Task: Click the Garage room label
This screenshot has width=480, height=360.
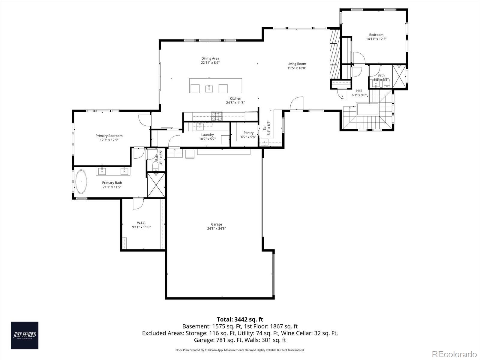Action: [x=216, y=224]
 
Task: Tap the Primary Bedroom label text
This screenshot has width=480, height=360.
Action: [x=109, y=136]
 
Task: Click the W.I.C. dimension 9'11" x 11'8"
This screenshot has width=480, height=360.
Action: [x=141, y=227]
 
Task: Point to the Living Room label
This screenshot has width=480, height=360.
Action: [x=297, y=64]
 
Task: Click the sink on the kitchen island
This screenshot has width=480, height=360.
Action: [x=209, y=88]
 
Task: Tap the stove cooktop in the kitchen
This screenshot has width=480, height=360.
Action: [x=217, y=116]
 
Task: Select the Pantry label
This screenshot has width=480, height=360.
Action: [x=248, y=133]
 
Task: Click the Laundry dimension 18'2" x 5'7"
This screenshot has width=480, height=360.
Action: [x=207, y=139]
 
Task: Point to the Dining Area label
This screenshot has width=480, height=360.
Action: [x=210, y=58]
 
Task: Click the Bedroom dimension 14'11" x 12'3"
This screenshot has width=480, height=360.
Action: [x=376, y=39]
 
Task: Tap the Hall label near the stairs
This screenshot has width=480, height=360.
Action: [x=359, y=91]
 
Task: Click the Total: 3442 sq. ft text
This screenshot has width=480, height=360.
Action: [x=240, y=319]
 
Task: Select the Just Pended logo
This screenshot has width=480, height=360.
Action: [x=25, y=335]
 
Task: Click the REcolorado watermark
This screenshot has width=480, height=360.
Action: [x=454, y=354]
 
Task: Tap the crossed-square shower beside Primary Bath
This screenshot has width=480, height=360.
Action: [x=156, y=185]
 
